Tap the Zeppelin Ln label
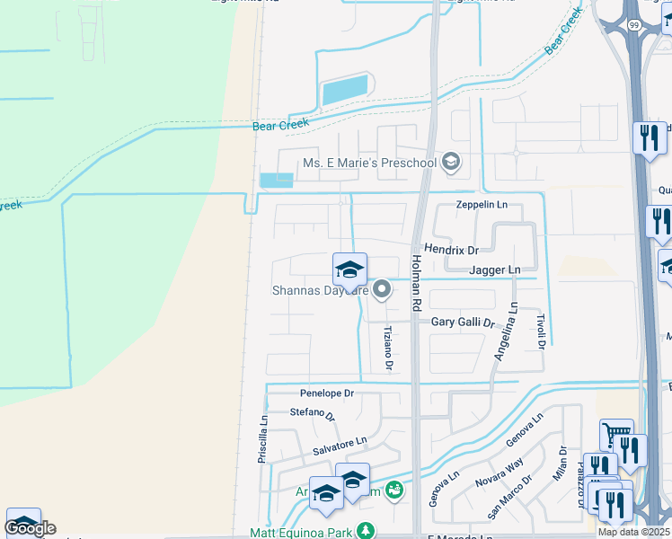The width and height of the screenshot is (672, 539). pyautogui.click(x=482, y=205)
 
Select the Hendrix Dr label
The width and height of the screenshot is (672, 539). pyautogui.click(x=451, y=249)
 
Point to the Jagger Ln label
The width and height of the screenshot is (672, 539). pyautogui.click(x=494, y=269)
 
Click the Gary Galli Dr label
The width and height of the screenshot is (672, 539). pyautogui.click(x=463, y=322)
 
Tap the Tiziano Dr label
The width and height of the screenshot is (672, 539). pyautogui.click(x=389, y=348)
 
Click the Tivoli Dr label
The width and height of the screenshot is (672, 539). pyautogui.click(x=542, y=331)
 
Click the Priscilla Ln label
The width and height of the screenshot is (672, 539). pyautogui.click(x=263, y=437)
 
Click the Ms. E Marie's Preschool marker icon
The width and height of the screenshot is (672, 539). pyautogui.click(x=452, y=163)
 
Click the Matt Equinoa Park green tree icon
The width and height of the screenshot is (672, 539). pyautogui.click(x=365, y=531)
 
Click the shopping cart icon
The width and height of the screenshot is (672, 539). pyautogui.click(x=616, y=436)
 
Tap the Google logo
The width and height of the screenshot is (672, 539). pyautogui.click(x=30, y=528)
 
